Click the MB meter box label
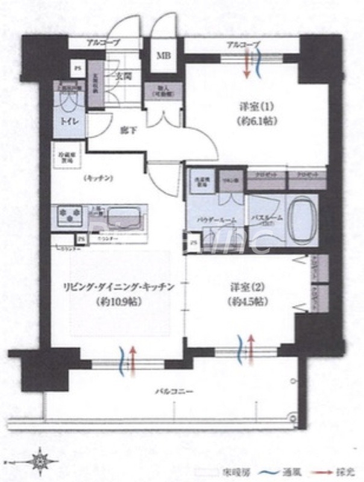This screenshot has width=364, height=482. (164, 56)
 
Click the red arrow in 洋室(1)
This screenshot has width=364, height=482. (247, 66)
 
